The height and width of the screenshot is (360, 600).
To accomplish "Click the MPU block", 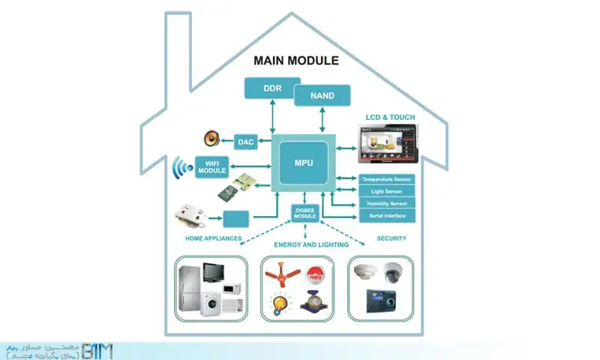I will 304,162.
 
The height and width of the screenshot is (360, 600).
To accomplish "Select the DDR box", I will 271,88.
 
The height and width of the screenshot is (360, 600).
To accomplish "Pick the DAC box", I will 246,141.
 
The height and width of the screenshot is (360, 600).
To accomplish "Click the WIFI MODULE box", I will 211,167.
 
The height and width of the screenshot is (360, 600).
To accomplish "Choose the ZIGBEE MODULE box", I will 304,212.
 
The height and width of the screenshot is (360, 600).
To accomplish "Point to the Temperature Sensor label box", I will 387,180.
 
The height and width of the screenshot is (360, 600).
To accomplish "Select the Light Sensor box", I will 387,192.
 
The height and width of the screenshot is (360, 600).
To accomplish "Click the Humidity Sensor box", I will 387,204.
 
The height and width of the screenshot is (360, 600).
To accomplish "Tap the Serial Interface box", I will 387,216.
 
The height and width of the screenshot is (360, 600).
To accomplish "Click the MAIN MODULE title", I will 296,60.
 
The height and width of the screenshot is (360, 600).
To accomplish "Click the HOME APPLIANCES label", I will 213,238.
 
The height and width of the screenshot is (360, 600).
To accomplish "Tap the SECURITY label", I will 391,238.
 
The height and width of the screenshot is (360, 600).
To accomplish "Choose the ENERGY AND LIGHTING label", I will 311,244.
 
